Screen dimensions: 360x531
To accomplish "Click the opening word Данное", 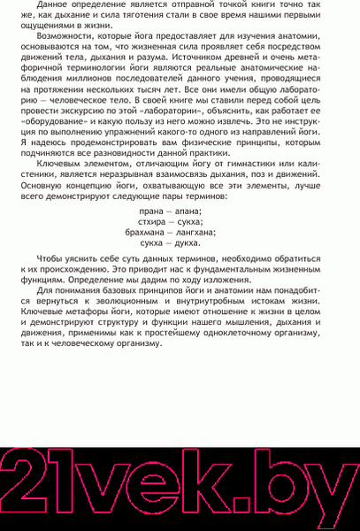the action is pos(54,7).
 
